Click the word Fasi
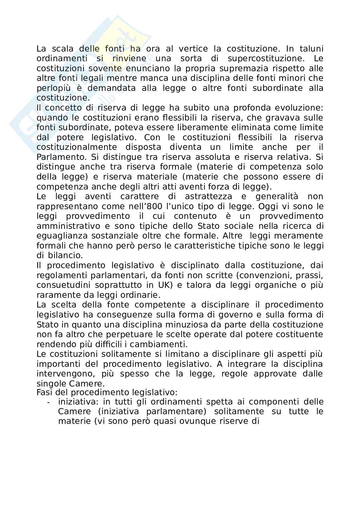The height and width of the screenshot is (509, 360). click(43, 392)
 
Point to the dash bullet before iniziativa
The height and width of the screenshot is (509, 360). click(48, 402)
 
